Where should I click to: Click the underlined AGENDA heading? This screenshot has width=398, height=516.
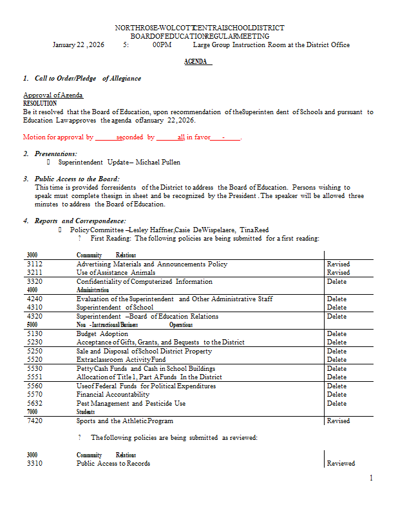pyautogui.click(x=198, y=62)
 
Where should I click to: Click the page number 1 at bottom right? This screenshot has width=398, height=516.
pyautogui.click(x=371, y=478)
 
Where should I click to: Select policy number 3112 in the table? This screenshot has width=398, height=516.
pyautogui.click(x=35, y=264)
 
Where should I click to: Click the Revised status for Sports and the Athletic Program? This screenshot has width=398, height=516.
pyautogui.click(x=338, y=421)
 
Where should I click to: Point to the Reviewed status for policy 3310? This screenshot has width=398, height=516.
pyautogui.click(x=341, y=463)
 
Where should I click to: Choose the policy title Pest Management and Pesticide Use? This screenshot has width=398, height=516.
pyautogui.click(x=131, y=404)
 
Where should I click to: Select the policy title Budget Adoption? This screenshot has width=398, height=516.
pyautogui.click(x=102, y=334)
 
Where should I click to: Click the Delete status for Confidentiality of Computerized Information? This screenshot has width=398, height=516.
pyautogui.click(x=336, y=282)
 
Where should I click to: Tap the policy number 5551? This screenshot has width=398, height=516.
pyautogui.click(x=35, y=377)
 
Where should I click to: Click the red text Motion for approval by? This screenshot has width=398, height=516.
pyautogui.click(x=58, y=137)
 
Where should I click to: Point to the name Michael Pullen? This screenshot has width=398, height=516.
pyautogui.click(x=164, y=163)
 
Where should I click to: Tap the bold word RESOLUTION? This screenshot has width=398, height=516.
pyautogui.click(x=40, y=103)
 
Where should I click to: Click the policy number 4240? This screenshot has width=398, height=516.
pyautogui.click(x=35, y=299)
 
